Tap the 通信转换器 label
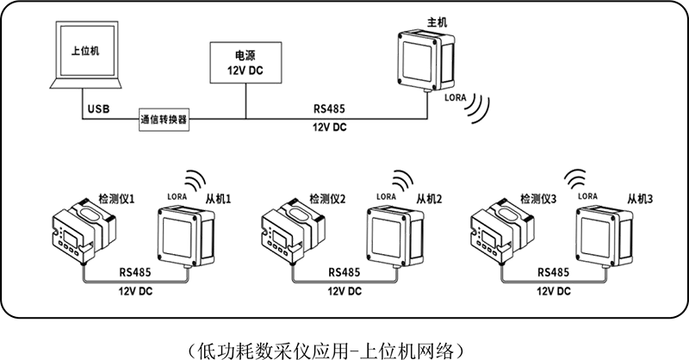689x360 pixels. click(x=164, y=120)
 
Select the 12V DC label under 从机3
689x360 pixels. click(x=552, y=291)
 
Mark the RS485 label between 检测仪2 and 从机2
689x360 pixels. click(x=344, y=273)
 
